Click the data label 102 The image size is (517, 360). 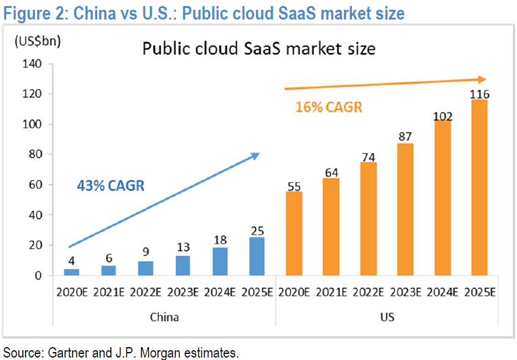click(x=442, y=115)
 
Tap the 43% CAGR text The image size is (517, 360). click(x=111, y=185)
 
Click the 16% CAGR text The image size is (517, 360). click(x=329, y=108)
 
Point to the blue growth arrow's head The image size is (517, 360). click(x=255, y=156)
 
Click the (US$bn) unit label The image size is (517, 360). click(x=38, y=42)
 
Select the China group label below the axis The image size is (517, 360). click(x=164, y=317)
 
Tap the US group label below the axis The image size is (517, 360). click(x=387, y=317)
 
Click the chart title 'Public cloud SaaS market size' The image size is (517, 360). click(x=258, y=48)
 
